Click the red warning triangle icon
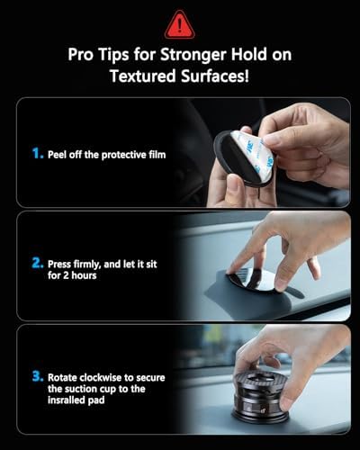click(180, 25)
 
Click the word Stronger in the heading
click(193, 55)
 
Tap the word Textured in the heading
click(143, 76)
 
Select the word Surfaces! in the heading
click(215, 76)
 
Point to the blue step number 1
click(37, 153)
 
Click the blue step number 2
click(37, 263)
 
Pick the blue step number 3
click(37, 376)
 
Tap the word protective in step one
click(124, 156)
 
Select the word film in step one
click(157, 155)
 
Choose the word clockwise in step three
click(103, 377)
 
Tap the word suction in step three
click(79, 389)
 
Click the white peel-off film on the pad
click(246, 151)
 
